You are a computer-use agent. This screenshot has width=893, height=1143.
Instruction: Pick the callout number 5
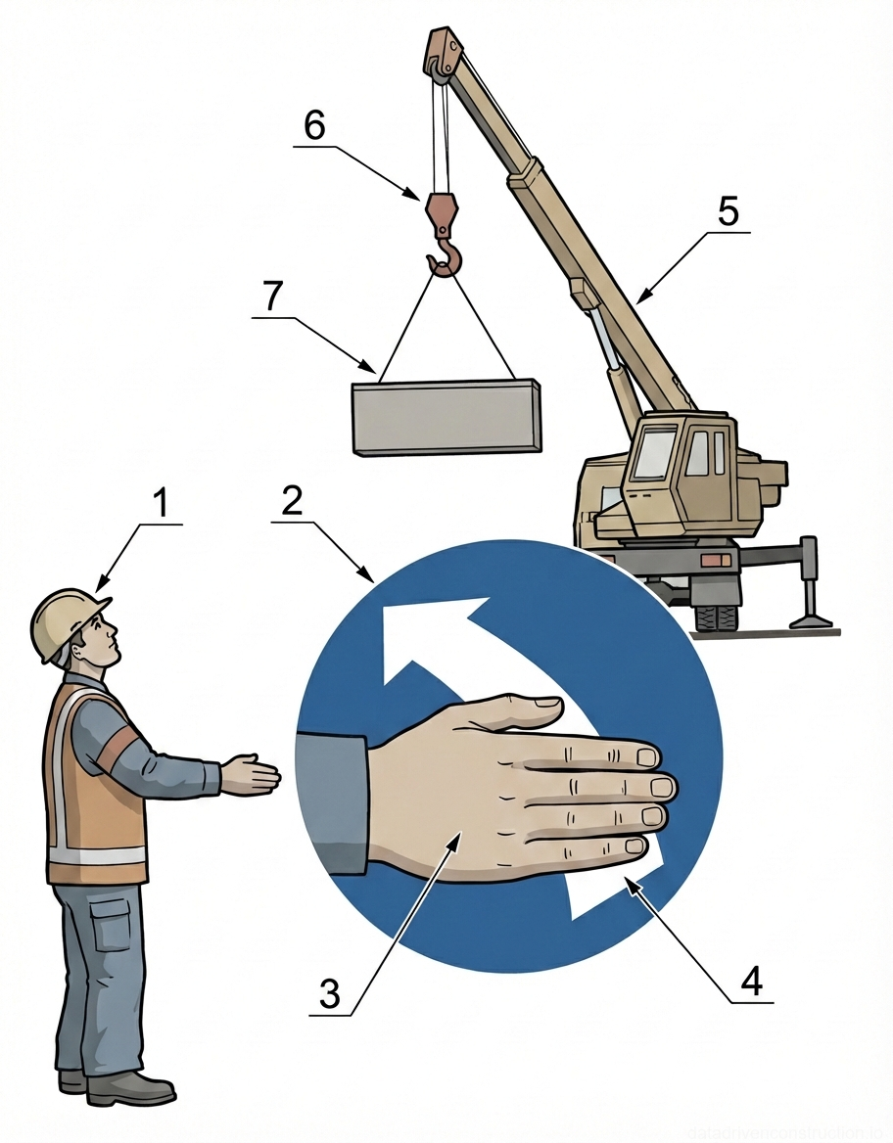728,213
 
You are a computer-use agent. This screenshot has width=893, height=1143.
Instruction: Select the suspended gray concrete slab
446,418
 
